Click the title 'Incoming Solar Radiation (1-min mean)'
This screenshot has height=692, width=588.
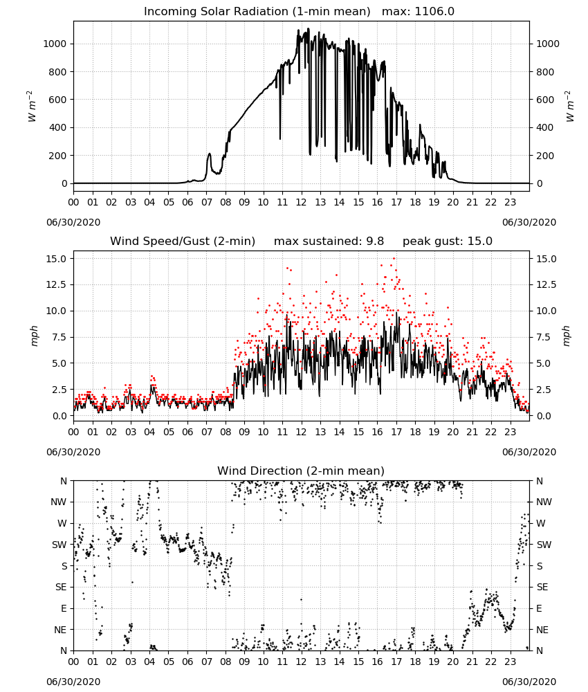[257, 12]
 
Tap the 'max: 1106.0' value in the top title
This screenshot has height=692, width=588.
[418, 12]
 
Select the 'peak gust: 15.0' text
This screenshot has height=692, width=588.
[448, 242]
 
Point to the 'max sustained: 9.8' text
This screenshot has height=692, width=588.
[329, 242]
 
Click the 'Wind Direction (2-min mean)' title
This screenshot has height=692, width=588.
[301, 471]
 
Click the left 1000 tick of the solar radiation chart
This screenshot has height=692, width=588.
[55, 44]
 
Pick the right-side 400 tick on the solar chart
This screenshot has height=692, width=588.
[545, 127]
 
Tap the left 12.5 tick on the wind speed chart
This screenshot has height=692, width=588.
[57, 284]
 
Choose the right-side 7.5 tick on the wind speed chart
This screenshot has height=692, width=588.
[544, 337]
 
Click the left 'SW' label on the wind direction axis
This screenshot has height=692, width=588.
[59, 545]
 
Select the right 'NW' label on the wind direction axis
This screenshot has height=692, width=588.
[544, 502]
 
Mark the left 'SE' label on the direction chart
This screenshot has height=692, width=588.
[61, 587]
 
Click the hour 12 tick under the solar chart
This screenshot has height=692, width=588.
[302, 203]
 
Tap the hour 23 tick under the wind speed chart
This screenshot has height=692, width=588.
[511, 432]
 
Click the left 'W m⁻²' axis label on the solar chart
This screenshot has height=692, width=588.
[32, 107]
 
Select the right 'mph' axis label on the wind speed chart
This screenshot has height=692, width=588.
[567, 336]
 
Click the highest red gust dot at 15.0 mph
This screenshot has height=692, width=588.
[394, 259]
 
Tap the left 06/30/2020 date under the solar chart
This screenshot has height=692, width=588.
[73, 222]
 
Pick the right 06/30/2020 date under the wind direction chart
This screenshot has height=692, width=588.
[529, 682]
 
